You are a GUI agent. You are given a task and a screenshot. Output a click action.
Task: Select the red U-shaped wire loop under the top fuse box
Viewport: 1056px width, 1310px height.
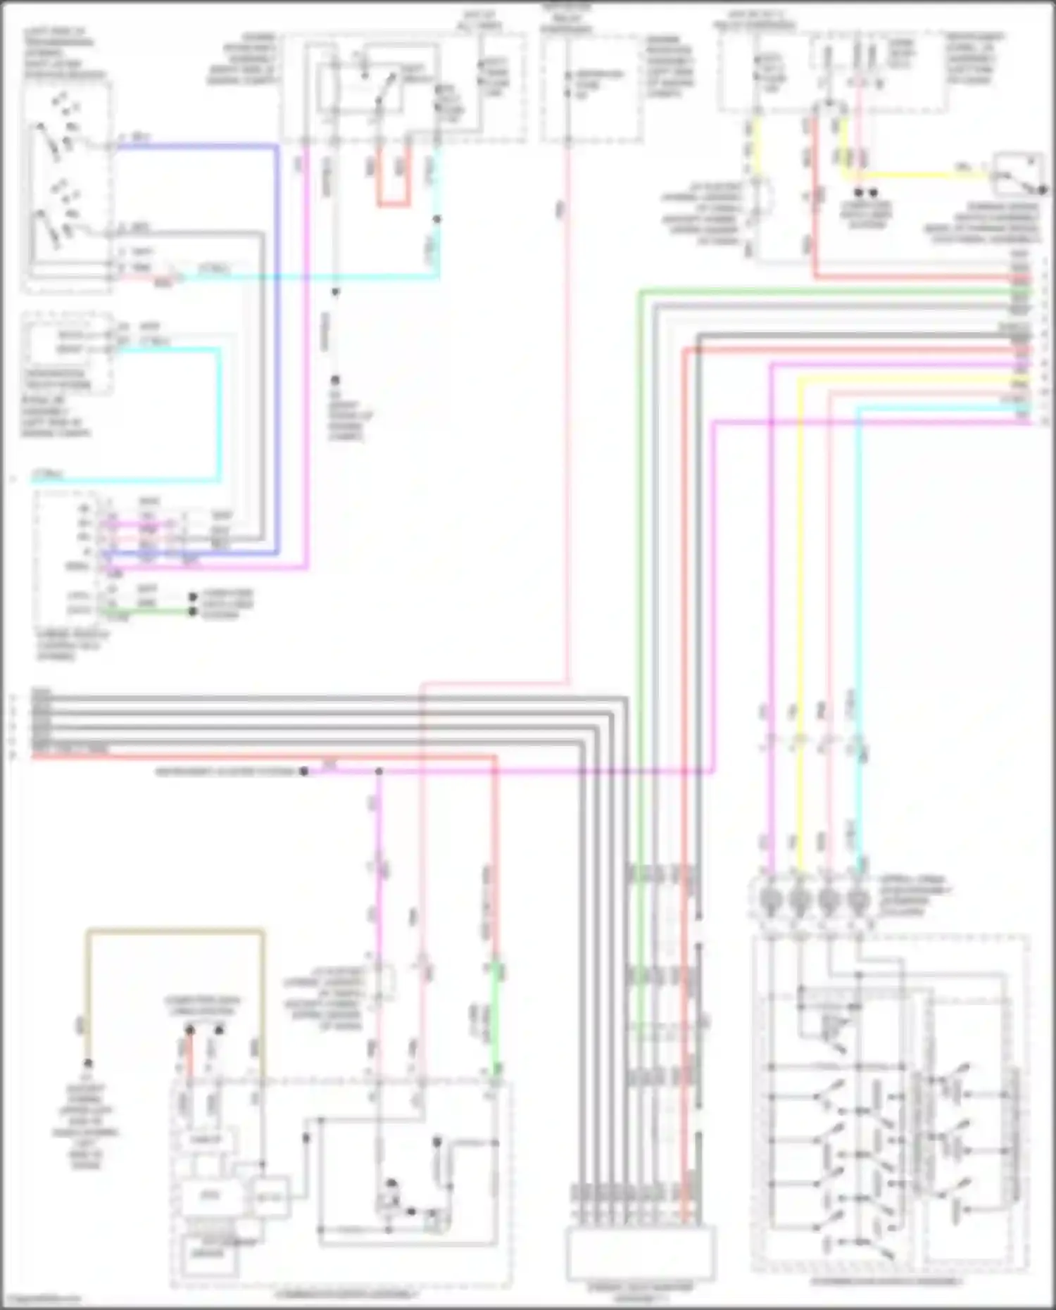coord(393,204)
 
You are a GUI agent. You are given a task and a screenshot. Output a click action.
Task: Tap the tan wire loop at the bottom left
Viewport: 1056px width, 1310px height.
coord(176,932)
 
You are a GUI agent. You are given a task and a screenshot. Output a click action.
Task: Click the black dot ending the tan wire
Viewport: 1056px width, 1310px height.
coord(88,1063)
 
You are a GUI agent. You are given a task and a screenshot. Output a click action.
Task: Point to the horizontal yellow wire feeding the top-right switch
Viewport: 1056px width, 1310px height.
coord(915,174)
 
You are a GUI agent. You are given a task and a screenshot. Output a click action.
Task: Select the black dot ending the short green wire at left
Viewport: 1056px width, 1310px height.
coord(192,611)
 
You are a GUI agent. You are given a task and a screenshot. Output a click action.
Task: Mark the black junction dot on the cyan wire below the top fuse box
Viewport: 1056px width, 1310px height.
coord(437,219)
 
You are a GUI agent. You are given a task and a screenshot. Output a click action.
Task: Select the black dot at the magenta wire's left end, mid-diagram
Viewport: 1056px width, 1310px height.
coord(304,771)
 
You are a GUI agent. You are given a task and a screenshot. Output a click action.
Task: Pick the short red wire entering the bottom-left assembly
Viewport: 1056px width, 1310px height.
coord(188,1056)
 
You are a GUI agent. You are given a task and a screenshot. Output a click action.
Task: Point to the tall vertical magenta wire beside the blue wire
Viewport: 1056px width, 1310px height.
coord(306,352)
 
